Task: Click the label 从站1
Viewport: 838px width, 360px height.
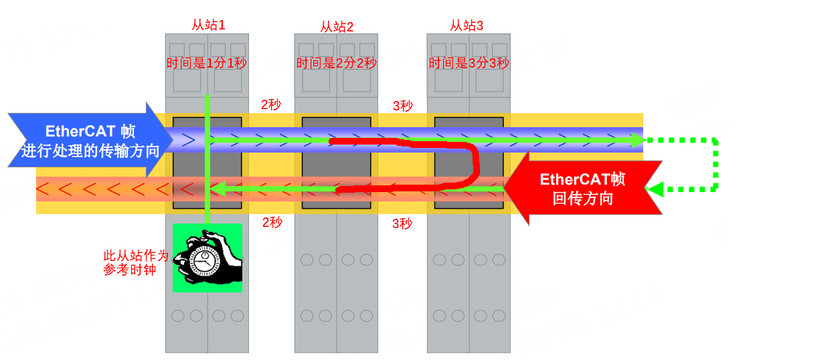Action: click(208, 25)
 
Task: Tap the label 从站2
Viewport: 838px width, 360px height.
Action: click(337, 27)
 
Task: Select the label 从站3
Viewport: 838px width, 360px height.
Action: click(467, 25)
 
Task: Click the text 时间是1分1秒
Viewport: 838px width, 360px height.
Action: click(207, 63)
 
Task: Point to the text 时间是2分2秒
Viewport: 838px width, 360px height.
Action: click(337, 63)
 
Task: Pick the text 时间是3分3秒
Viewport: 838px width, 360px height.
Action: click(469, 63)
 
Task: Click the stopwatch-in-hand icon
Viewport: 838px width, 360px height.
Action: click(207, 258)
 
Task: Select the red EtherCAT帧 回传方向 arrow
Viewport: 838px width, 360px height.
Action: click(582, 188)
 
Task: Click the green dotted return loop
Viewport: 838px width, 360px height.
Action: click(716, 165)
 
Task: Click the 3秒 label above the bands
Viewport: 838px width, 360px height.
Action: click(402, 105)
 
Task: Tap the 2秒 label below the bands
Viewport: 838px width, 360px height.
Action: click(272, 222)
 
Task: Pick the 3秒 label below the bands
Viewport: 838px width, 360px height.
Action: click(402, 223)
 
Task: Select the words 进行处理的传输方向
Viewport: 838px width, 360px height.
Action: click(90, 150)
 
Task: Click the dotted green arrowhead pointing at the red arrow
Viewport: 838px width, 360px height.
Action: click(655, 190)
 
